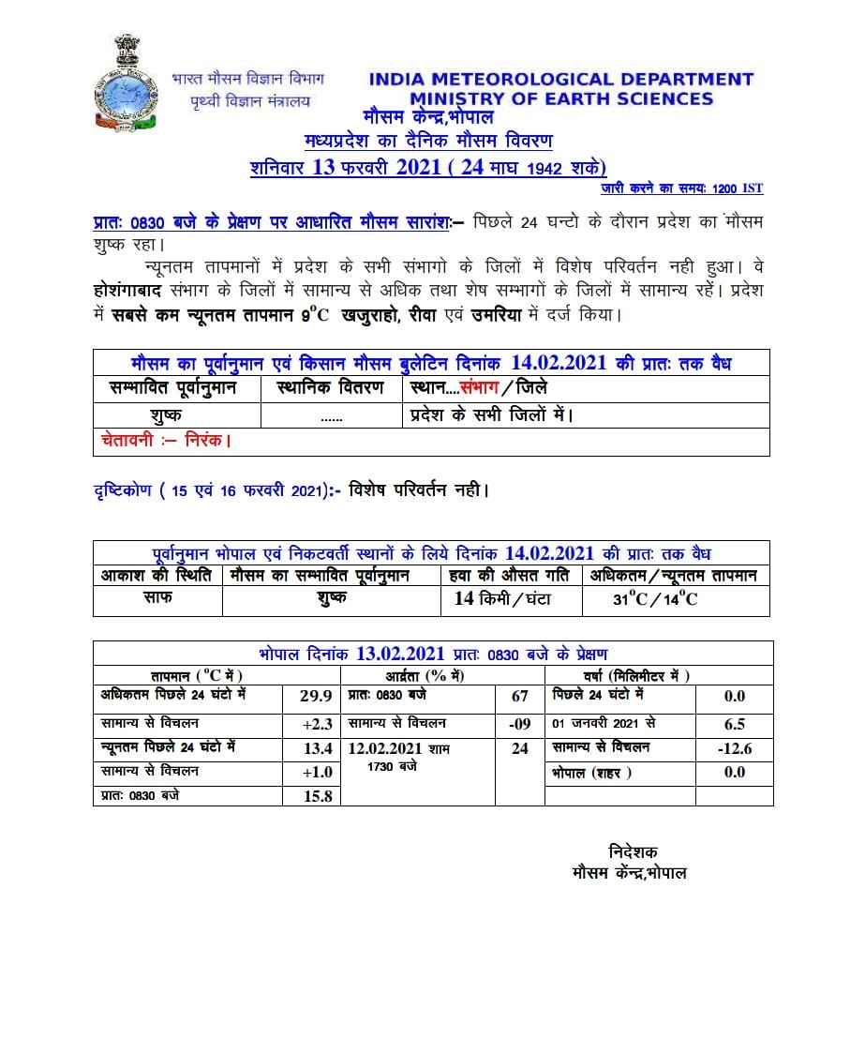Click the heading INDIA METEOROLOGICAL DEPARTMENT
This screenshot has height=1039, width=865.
coord(560,81)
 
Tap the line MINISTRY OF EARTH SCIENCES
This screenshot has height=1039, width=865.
coord(560,99)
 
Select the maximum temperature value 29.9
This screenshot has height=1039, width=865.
coord(311,696)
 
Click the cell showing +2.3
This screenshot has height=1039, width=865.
coord(311,725)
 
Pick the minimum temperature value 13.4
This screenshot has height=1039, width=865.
coord(311,748)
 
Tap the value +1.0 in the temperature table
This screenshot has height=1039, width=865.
coord(311,772)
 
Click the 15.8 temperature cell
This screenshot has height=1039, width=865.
coord(311,795)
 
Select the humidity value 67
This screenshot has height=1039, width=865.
coord(520,696)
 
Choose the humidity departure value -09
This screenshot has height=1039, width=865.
coord(520,725)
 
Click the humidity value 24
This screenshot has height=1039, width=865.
coord(520,748)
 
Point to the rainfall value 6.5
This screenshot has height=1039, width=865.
coord(734,725)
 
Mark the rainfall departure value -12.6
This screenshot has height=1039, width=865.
coord(734,748)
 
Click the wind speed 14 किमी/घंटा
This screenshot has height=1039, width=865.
coord(503,598)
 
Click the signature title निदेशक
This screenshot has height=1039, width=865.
coord(634,852)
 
